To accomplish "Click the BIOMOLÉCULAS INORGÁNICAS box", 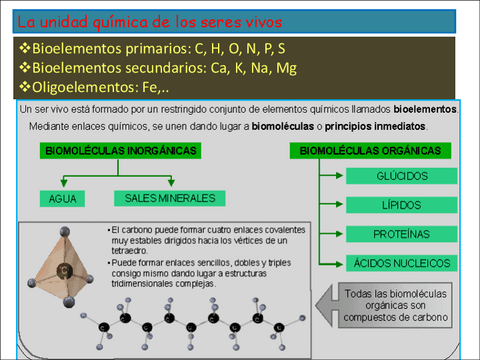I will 120,150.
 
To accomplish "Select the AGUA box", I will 63,198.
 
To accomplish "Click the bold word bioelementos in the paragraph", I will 425,108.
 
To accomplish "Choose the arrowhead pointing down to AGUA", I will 63,184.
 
